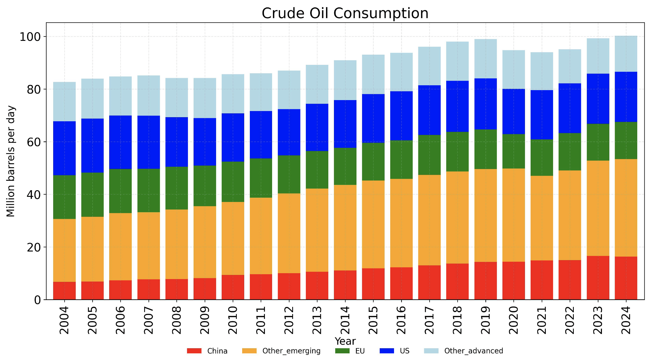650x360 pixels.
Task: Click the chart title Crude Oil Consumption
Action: (x=345, y=13)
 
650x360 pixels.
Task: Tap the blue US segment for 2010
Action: (x=233, y=137)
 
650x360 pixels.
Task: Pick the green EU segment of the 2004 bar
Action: (x=64, y=197)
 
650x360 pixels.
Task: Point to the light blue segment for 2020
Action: (x=513, y=69)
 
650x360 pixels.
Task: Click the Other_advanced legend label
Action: (x=474, y=351)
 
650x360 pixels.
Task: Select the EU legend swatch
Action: (x=342, y=351)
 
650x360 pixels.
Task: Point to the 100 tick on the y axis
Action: (x=30, y=37)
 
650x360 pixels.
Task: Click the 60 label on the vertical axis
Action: (x=34, y=142)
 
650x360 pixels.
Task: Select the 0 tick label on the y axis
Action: (x=37, y=300)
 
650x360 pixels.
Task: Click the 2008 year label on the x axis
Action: (x=176, y=320)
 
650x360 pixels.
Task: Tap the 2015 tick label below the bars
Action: (x=373, y=320)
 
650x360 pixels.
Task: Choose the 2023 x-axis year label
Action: (x=598, y=320)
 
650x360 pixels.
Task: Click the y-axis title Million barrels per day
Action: (x=11, y=161)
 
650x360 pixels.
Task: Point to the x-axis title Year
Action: (x=345, y=341)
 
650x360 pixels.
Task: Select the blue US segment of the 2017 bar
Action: (x=429, y=110)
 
